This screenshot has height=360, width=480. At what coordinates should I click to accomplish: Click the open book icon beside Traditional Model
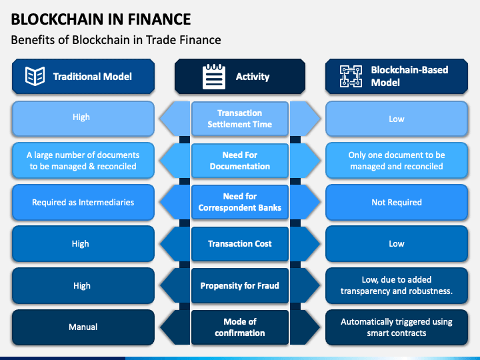click(x=35, y=76)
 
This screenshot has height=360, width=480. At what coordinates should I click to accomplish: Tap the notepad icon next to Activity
click(x=214, y=77)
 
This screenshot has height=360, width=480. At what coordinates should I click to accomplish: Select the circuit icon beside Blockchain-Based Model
click(x=351, y=76)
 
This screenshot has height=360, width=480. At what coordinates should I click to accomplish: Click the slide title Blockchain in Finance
click(x=101, y=19)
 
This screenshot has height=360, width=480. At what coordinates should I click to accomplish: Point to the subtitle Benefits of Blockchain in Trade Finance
click(x=116, y=40)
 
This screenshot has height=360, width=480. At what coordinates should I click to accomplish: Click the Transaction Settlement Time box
click(x=240, y=119)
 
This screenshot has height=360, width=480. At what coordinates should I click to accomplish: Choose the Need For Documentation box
click(x=240, y=161)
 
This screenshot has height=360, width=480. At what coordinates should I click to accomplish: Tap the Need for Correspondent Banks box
click(x=240, y=202)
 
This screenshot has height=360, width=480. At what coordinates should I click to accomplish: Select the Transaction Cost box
click(x=240, y=244)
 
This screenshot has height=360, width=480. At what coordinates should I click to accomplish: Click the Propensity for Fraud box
click(x=240, y=285)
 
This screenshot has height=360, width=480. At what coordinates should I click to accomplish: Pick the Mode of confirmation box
click(x=240, y=327)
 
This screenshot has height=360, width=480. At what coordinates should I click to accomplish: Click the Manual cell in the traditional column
click(x=83, y=327)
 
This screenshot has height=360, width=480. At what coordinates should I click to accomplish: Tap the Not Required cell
click(x=397, y=202)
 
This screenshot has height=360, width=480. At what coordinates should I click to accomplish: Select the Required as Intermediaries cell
click(x=83, y=202)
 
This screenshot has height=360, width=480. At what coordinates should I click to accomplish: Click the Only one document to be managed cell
click(x=397, y=161)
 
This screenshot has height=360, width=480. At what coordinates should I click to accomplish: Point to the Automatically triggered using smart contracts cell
click(x=397, y=327)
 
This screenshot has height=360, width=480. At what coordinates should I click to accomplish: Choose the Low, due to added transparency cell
click(x=397, y=285)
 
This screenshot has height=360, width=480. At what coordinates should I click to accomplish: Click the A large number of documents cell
click(x=83, y=161)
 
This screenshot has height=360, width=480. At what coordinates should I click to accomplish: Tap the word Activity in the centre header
click(x=253, y=77)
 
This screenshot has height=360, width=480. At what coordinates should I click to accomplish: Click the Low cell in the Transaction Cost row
click(x=397, y=244)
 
